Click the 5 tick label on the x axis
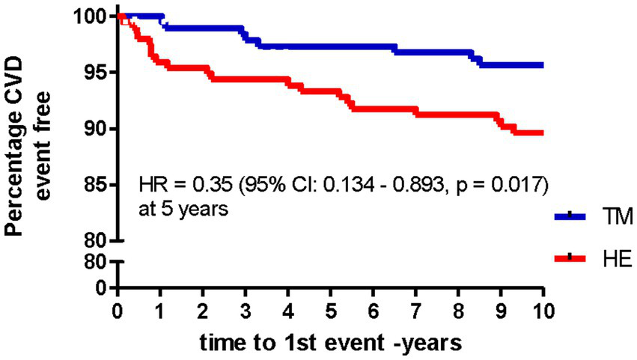pos(331,308)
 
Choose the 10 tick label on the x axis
pos(543,308)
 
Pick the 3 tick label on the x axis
pos(246,308)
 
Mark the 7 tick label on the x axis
pos(416,308)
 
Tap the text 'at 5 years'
pos(183,210)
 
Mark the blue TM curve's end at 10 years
pos(542,65)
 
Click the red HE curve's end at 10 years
pos(542,132)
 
